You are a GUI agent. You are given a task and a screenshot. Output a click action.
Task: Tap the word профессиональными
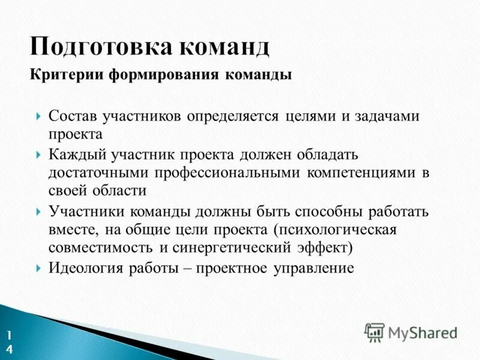pyautogui.click(x=230, y=173)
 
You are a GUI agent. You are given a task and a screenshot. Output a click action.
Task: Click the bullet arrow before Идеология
pyautogui.click(x=39, y=268)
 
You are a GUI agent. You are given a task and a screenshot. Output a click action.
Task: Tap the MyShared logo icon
pyautogui.click(x=374, y=332)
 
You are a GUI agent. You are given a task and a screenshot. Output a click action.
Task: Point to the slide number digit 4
pyautogui.click(x=9, y=350)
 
